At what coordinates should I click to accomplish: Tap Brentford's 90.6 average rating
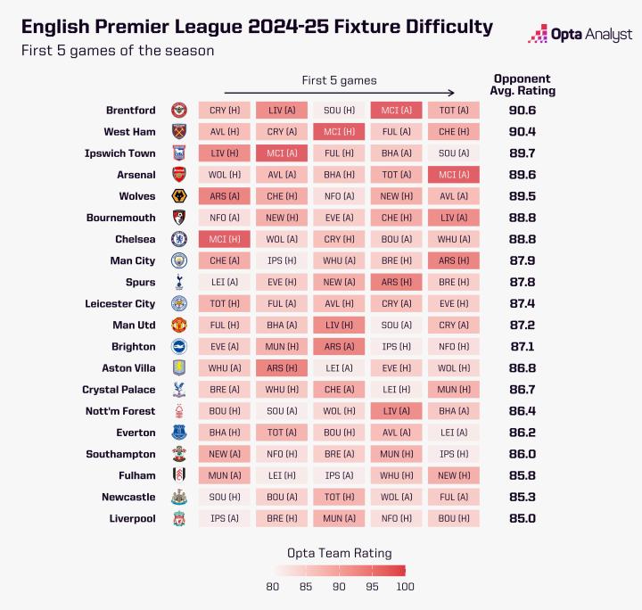[x=522, y=111]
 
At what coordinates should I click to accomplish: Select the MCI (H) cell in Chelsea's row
[x=224, y=239]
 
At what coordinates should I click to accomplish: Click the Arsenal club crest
[x=178, y=175]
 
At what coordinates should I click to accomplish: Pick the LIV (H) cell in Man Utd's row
[x=339, y=325]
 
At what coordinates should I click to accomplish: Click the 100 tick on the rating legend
[x=404, y=586]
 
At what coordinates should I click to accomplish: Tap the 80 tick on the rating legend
[x=273, y=586]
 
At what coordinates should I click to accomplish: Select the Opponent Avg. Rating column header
[x=522, y=84]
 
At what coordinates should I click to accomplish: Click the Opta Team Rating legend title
[x=339, y=553]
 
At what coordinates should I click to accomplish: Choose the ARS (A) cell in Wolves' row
[x=224, y=196]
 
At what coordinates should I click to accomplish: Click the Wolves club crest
[x=178, y=196]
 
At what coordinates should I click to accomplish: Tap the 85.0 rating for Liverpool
[x=522, y=518]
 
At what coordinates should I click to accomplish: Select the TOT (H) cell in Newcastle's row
[x=339, y=497]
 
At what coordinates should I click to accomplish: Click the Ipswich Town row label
[x=119, y=153]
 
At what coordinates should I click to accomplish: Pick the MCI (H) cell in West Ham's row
[x=339, y=132]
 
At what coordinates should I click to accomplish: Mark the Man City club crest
[x=178, y=260]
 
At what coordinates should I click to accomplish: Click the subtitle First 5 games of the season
[x=118, y=51]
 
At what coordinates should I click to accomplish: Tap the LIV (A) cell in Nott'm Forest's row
[x=397, y=411]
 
